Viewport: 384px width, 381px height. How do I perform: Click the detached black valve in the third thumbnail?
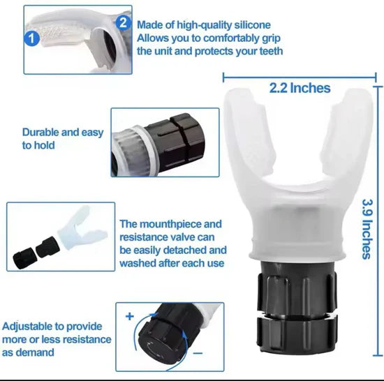coord(36,249)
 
